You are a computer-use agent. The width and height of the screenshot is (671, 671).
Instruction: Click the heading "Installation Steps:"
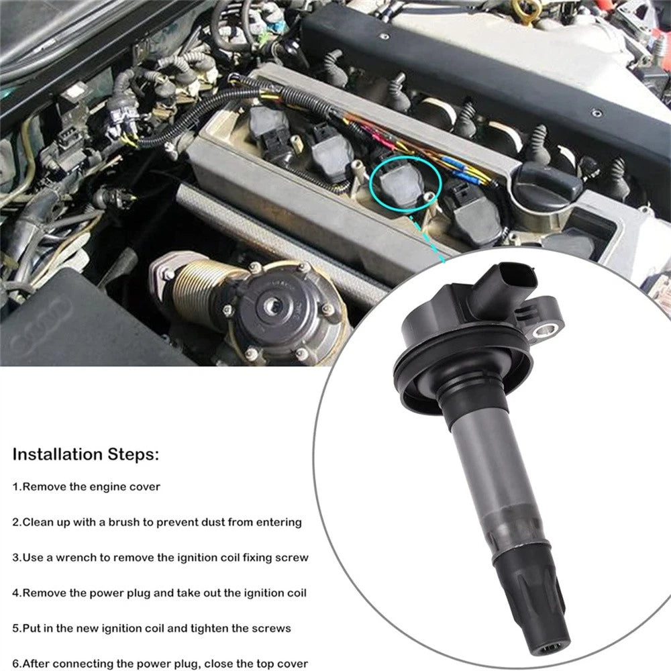tap(86, 454)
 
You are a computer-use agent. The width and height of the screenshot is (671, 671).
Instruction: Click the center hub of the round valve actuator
tap(270, 305)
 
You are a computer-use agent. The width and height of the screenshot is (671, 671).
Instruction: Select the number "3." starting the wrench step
tap(17, 558)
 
